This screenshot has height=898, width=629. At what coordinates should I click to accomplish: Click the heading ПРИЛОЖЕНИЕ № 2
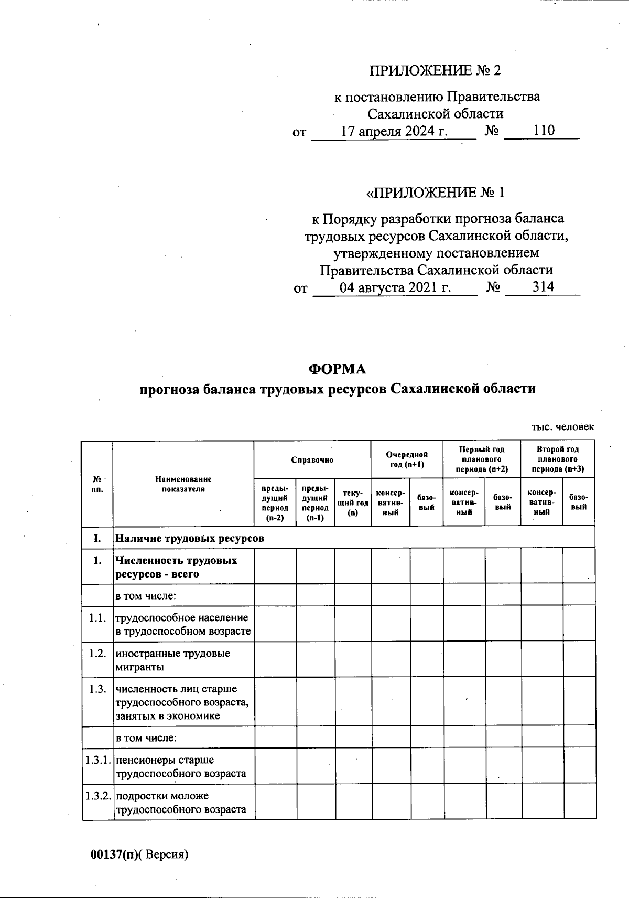pos(435,70)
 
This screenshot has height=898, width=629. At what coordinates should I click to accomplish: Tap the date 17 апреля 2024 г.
pos(394,131)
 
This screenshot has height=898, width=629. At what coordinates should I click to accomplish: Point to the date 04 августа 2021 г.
pos(395,287)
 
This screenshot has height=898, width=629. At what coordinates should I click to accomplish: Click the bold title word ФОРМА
pos(337,369)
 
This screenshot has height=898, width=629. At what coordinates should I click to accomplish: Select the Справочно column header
pos(312,460)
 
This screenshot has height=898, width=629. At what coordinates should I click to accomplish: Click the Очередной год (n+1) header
pos(407,459)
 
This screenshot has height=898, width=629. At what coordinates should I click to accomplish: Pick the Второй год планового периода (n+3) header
pos(558,459)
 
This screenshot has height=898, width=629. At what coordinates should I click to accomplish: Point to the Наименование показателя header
pos(183,484)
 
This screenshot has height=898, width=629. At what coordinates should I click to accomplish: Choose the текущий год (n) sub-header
pos(353,503)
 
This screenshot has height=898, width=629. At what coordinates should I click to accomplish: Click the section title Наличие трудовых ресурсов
pos(190,538)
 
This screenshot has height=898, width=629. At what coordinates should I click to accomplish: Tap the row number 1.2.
pos(97,654)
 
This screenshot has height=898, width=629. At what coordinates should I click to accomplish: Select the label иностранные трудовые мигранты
pos(173,660)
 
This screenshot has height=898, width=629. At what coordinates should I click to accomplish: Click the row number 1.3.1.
pos(98,760)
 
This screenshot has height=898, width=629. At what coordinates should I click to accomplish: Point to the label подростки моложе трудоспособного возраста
pos(181,803)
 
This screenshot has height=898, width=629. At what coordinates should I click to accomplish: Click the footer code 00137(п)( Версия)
pos(139,854)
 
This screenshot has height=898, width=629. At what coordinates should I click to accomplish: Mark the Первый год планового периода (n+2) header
pos(482,459)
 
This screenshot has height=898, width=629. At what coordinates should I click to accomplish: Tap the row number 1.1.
pos(97,617)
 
